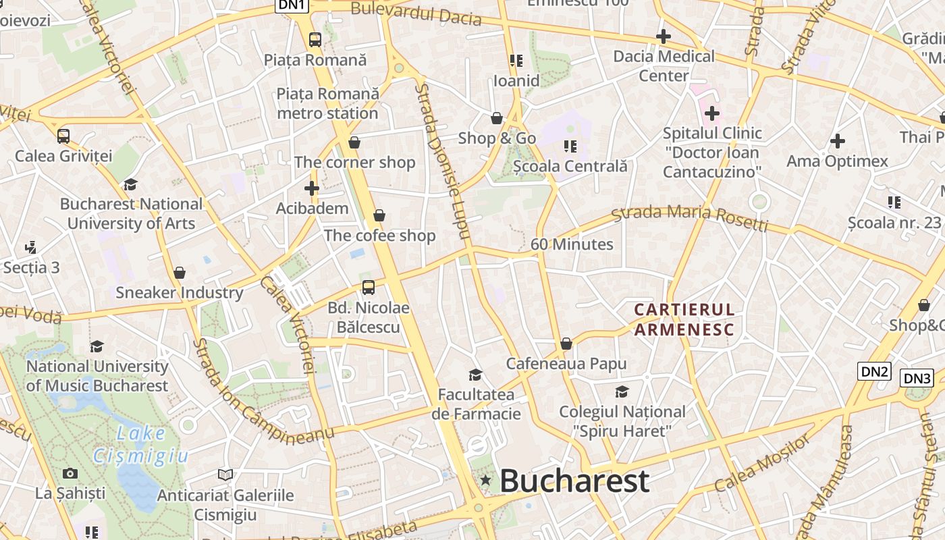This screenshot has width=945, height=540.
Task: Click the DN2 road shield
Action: pyautogui.click(x=875, y=371)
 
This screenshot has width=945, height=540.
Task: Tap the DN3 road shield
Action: pyautogui.click(x=917, y=378)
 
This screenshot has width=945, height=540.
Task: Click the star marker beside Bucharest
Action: pyautogui.click(x=485, y=481)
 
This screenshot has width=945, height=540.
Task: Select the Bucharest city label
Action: pyautogui.click(x=574, y=481)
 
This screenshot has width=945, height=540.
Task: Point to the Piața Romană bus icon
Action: pyautogui.click(x=315, y=39)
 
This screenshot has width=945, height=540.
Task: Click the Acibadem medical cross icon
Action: pyautogui.click(x=311, y=188)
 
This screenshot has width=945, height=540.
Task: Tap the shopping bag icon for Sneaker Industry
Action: pyautogui.click(x=180, y=273)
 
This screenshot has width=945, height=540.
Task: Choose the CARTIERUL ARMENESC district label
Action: pyautogui.click(x=684, y=319)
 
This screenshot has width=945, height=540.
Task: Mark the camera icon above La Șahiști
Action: pyautogui.click(x=70, y=473)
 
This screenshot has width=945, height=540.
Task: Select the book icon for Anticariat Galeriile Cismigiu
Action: pyautogui.click(x=225, y=475)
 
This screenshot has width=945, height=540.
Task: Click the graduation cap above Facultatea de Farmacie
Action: pyautogui.click(x=476, y=375)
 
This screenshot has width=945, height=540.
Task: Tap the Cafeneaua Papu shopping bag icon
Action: pyautogui.click(x=566, y=344)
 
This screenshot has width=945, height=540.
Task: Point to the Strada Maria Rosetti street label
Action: pyautogui.click(x=689, y=217)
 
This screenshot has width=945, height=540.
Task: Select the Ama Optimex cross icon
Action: pyautogui.click(x=837, y=141)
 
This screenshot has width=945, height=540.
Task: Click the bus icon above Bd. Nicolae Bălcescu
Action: pyautogui.click(x=369, y=288)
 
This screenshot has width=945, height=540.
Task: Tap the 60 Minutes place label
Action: pyautogui.click(x=572, y=244)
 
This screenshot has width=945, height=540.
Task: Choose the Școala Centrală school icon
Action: pyautogui.click(x=570, y=146)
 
